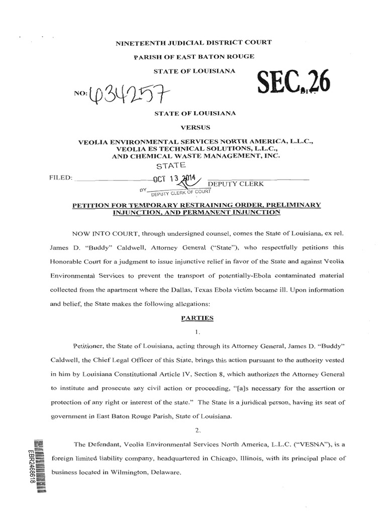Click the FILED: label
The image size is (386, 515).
61,178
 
